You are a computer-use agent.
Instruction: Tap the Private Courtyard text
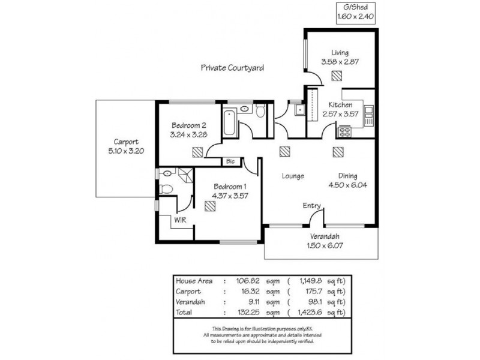[x=232, y=68]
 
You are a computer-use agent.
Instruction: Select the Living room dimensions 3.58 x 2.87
[x=339, y=61]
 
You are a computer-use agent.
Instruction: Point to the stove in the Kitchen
[x=345, y=131]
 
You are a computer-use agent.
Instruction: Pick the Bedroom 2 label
[x=189, y=125]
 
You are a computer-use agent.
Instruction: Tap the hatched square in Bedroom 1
[x=209, y=206]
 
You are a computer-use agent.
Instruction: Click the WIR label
[x=181, y=220]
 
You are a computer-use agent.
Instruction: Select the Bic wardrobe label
[x=230, y=161]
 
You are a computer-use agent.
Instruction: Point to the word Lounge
[x=293, y=176]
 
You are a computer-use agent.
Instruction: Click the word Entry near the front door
[x=311, y=206]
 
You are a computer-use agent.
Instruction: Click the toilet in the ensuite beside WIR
[x=168, y=190]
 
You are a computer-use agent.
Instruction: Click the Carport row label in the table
[x=188, y=291]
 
